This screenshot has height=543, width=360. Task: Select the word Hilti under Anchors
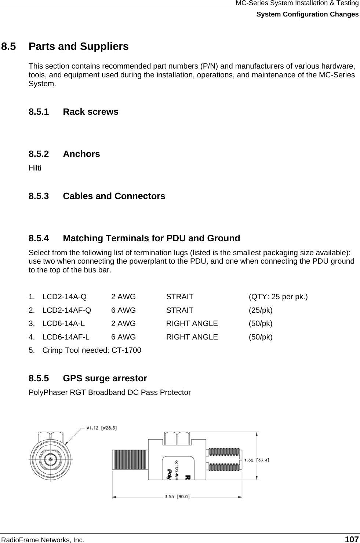tap(35, 168)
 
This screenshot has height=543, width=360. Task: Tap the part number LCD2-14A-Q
tap(65, 297)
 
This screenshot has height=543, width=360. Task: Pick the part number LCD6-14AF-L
tap(66, 337)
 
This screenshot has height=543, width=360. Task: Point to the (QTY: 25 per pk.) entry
tap(278, 297)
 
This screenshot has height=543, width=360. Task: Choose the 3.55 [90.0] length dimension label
tap(177, 497)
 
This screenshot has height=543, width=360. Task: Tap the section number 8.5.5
tap(39, 378)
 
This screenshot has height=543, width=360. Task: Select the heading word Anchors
tap(81, 154)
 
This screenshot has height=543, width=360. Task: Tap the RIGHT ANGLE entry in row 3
tap(192, 324)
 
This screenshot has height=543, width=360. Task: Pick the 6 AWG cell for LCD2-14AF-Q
tap(123, 310)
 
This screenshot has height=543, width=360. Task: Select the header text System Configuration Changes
tap(307, 14)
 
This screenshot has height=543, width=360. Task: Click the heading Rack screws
tap(91, 112)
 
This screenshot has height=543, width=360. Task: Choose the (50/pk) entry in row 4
tap(261, 337)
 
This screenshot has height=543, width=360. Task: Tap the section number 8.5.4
tap(39, 238)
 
